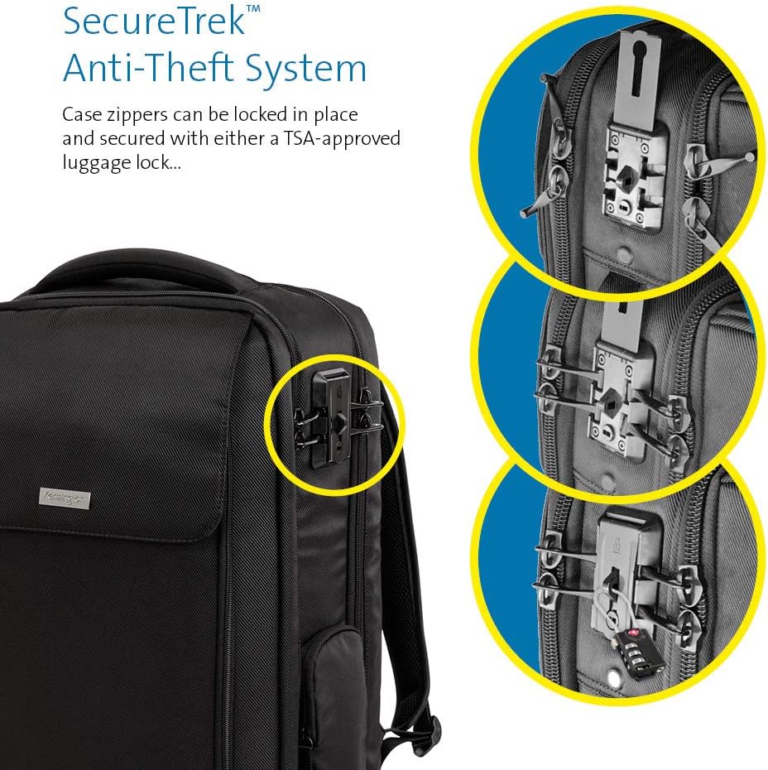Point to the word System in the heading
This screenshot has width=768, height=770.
(x=313, y=70)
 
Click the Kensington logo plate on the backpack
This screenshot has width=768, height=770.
(x=65, y=498)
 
